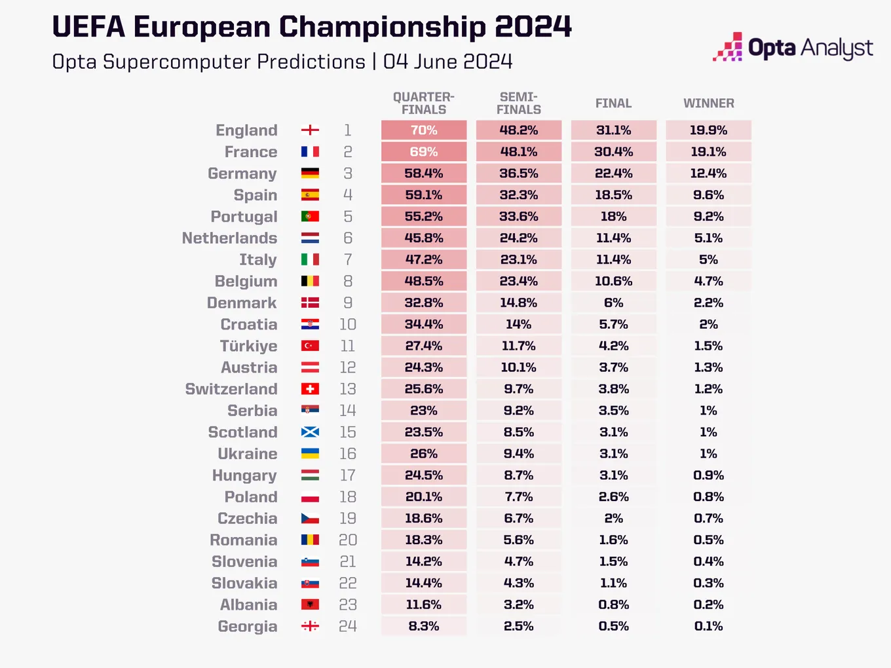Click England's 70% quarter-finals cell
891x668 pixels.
pos(424,130)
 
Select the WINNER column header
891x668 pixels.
pos(709,103)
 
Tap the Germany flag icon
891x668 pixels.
pos(310,173)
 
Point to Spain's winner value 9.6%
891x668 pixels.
pos(709,195)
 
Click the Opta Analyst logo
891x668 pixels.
pos(793,47)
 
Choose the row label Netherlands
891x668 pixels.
pos(230,238)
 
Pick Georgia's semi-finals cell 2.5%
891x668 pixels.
pos(519,626)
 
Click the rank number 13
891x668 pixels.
pos(348,389)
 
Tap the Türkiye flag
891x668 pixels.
pos(310,346)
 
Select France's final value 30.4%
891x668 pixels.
pos(614,152)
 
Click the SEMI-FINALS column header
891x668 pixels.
pos(519,103)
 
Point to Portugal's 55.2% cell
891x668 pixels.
pos(424,217)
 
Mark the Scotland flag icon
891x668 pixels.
pos(310,432)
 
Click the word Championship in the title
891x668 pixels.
pos(383,28)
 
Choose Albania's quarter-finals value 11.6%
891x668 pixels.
pos(424,604)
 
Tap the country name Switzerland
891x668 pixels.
pos(231,389)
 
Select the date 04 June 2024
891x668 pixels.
pos(447,62)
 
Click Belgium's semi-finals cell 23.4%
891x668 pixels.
pos(519,281)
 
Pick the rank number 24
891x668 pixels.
pos(348,626)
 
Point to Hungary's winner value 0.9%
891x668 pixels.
pos(709,475)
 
